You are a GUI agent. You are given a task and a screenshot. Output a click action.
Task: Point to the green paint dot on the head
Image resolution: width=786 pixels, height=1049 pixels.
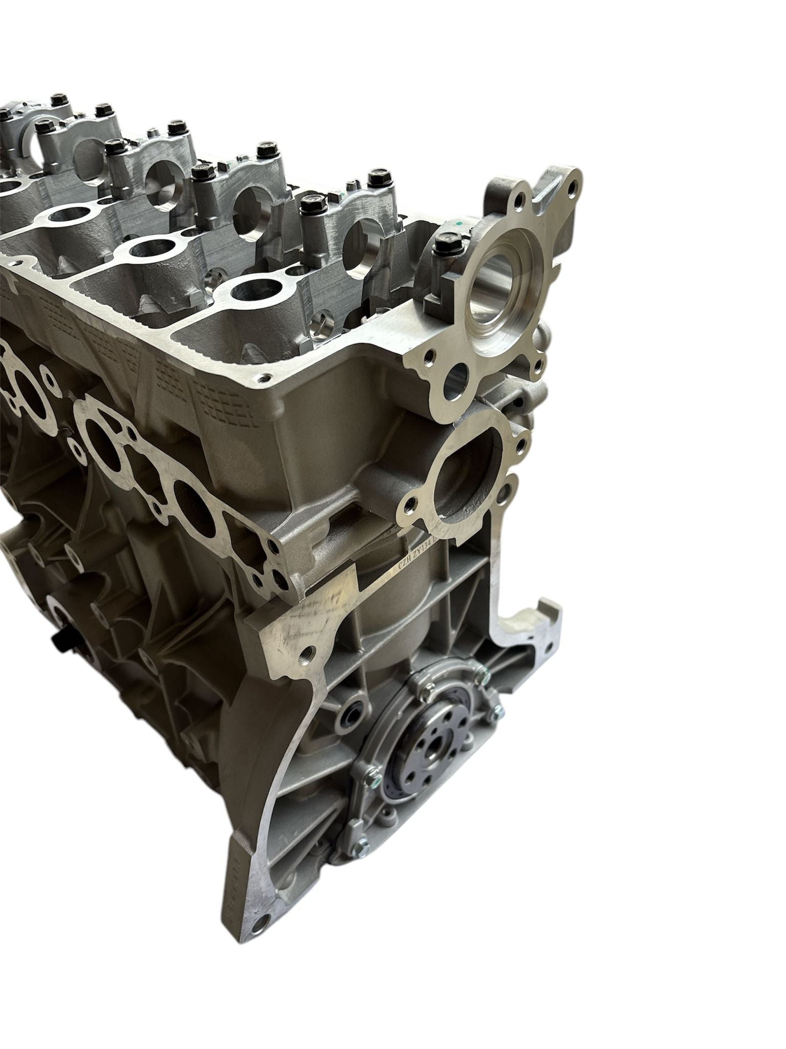(x=459, y=224)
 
